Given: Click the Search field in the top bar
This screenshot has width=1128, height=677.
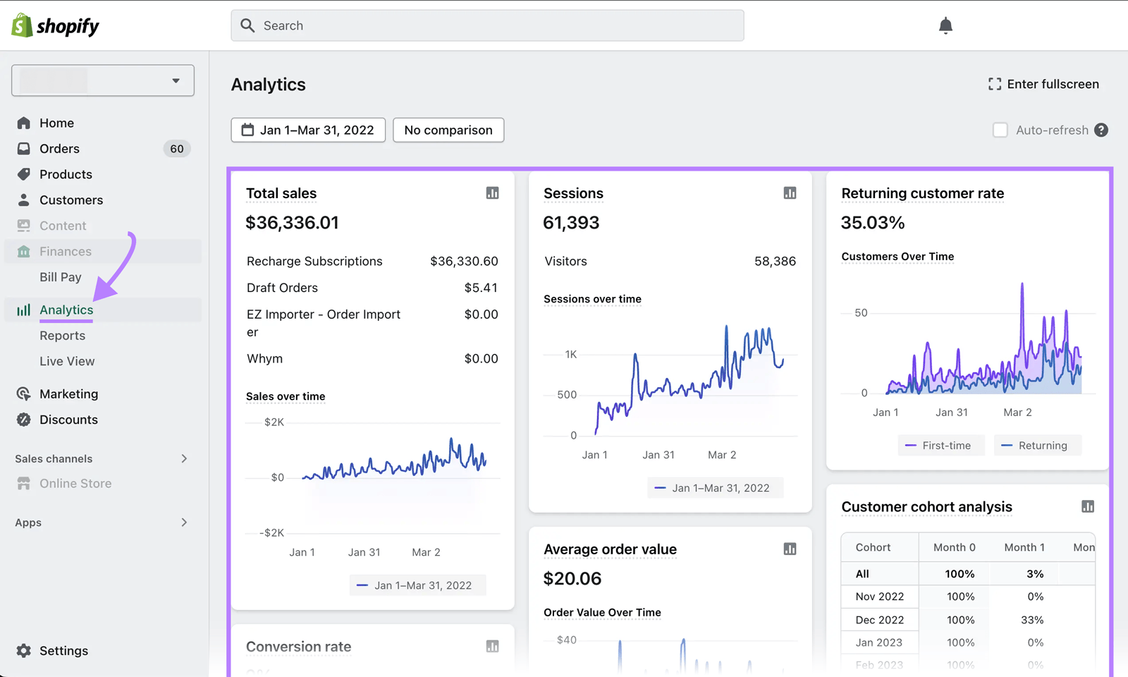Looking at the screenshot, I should tap(486, 25).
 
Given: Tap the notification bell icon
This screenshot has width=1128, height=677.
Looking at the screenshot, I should tap(945, 26).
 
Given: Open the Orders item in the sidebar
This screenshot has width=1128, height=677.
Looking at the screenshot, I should tap(59, 149).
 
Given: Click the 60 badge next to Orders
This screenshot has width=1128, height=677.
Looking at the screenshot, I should tap(176, 149).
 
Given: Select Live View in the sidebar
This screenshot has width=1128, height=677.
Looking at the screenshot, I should tap(67, 361).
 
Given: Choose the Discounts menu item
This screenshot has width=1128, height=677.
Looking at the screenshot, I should tap(68, 420).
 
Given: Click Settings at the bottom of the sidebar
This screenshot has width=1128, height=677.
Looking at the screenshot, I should tap(63, 650).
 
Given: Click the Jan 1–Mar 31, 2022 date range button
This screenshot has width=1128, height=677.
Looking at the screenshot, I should tap(308, 130).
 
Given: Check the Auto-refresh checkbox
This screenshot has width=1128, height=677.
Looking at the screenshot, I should tap(1000, 130).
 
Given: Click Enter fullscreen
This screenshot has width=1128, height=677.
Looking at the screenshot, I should tap(1043, 84).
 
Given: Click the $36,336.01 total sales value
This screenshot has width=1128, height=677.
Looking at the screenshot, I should tap(292, 223).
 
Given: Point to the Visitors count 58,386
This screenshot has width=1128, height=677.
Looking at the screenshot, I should tap(775, 261).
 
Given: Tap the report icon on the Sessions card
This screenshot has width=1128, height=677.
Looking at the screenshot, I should tap(790, 193).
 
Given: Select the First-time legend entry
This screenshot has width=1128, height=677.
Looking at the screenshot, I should tap(940, 446).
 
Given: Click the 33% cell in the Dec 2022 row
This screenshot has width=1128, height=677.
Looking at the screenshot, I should tap(1031, 620).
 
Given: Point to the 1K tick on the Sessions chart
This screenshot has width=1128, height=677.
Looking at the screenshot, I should tap(570, 354).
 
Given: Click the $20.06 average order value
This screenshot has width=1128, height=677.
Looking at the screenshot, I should tap(572, 579).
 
